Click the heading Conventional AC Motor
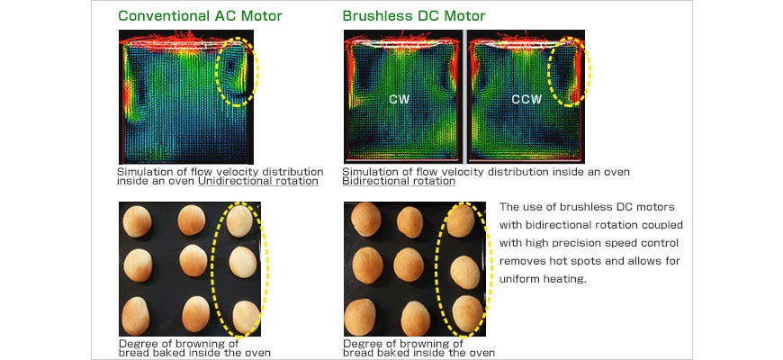click(200, 16)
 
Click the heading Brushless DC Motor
click(414, 16)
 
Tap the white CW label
click(400, 99)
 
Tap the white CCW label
click(526, 99)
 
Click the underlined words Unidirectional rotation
click(258, 181)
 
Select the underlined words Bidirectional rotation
click(399, 181)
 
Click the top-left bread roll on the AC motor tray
click(137, 221)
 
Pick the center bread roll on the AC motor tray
click(193, 260)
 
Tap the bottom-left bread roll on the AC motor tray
click(135, 316)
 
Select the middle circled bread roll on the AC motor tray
click(243, 262)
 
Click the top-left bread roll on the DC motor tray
click(366, 219)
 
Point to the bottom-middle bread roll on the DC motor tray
click(416, 318)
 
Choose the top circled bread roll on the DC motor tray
click(461, 220)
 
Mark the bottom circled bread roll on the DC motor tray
click(467, 313)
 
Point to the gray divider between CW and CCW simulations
click(464, 96)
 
